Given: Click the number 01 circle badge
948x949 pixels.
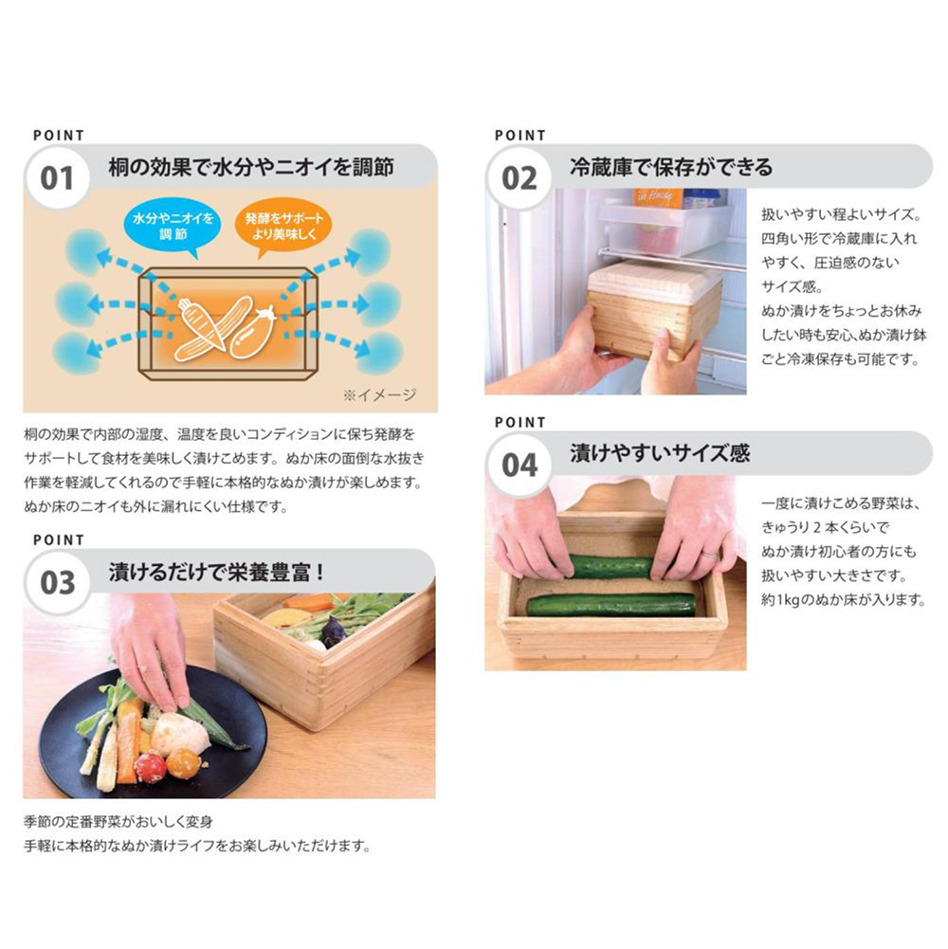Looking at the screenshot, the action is point(57,178).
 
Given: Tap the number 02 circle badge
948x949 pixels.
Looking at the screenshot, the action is point(519,178).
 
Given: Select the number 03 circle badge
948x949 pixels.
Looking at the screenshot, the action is point(57,582).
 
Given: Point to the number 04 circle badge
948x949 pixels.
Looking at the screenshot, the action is point(519,465).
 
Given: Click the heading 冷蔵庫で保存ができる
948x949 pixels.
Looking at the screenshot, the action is point(671,167).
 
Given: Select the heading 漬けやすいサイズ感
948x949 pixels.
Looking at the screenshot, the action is point(659,453).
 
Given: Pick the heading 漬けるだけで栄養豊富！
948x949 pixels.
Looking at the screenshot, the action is point(217,572).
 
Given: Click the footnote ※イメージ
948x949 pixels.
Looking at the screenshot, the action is point(379,394).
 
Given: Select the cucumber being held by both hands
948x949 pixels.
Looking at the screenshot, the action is point(611,567).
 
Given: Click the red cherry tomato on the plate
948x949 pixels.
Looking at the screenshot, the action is point(150,766).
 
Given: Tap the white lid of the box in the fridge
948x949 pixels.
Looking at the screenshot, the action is point(654,282).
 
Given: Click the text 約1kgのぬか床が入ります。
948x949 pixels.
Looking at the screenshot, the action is point(844,600).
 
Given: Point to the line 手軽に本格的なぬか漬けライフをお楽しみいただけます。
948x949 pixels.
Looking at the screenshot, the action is point(197,845).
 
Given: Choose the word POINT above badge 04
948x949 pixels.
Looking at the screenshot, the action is point(520,422).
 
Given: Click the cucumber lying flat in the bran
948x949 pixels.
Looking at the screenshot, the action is point(611,604).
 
